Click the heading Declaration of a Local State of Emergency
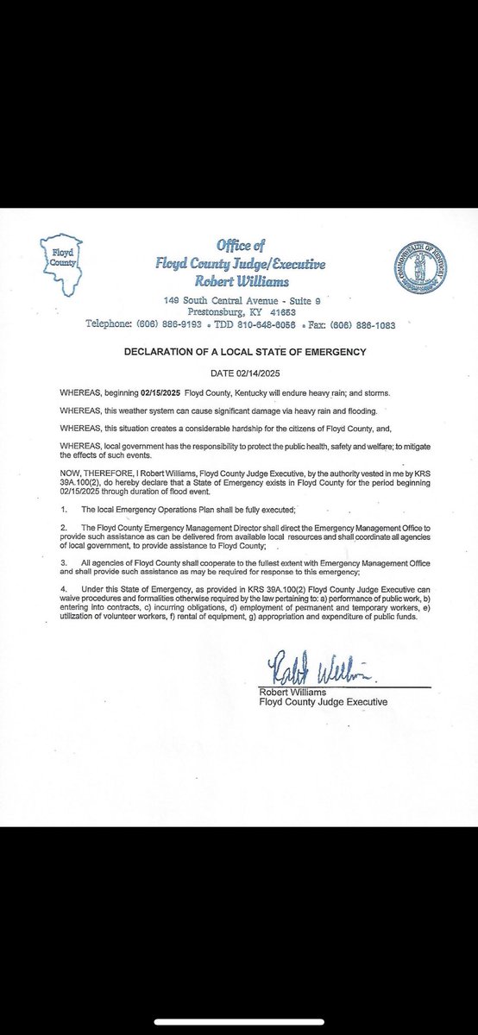[238, 353]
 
